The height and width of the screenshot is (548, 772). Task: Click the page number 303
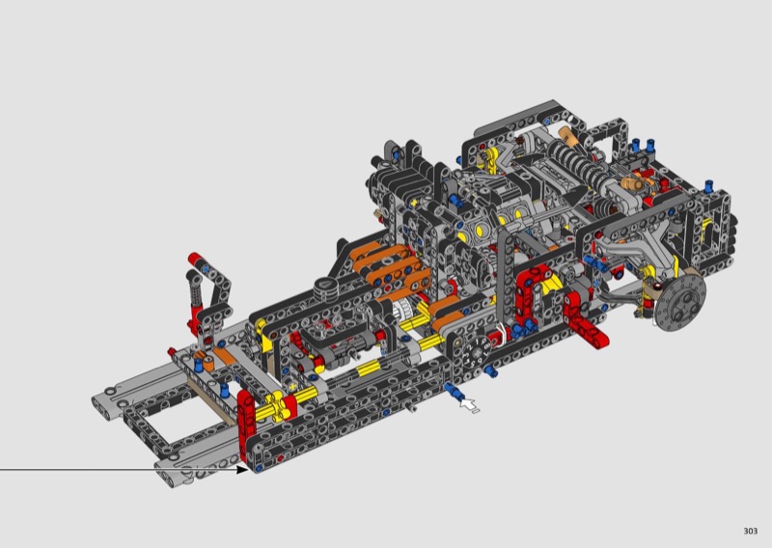tap(751, 531)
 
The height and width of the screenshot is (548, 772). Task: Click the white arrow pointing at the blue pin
tap(468, 404)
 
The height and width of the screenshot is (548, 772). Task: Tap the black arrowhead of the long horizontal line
tap(242, 469)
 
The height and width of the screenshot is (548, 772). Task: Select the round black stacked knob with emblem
tap(327, 288)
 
